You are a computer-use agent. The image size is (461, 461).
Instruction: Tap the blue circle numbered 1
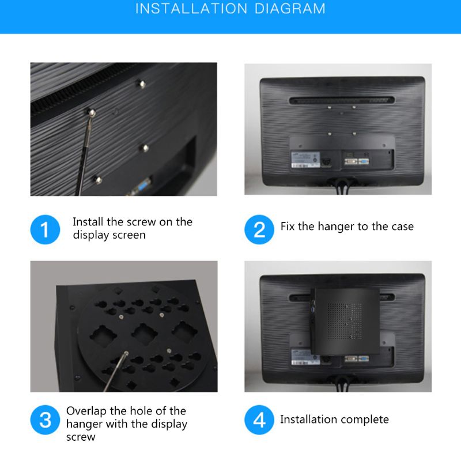click(45, 229)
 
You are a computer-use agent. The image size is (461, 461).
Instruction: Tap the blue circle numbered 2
click(259, 229)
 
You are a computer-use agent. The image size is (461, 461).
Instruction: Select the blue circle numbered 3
click(45, 420)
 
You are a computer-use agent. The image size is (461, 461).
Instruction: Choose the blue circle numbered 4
click(259, 420)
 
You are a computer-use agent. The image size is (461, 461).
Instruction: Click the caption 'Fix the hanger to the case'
click(347, 226)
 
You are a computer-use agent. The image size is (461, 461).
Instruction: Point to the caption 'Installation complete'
click(334, 420)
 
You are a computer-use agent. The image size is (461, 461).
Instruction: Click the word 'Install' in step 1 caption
click(88, 222)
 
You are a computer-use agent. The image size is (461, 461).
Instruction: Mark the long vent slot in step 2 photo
click(342, 100)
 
